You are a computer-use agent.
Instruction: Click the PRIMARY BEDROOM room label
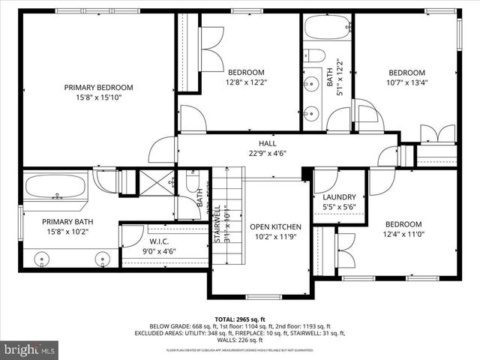tap(98, 87)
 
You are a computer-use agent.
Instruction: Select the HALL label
tap(268, 142)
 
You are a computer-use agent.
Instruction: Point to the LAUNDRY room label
tap(338, 197)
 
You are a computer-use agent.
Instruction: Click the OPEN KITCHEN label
tap(275, 227)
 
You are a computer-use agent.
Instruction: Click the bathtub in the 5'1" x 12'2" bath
tap(328, 29)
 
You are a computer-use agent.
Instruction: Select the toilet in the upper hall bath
tap(316, 55)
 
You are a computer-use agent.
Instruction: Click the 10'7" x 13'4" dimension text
tap(406, 82)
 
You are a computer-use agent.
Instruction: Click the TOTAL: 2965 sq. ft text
tap(240, 319)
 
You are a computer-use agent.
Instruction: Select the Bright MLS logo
tap(30, 349)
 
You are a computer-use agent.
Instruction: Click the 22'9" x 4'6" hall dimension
tap(268, 153)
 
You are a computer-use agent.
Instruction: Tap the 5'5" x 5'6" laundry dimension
tap(338, 207)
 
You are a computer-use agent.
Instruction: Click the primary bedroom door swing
tap(162, 150)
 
